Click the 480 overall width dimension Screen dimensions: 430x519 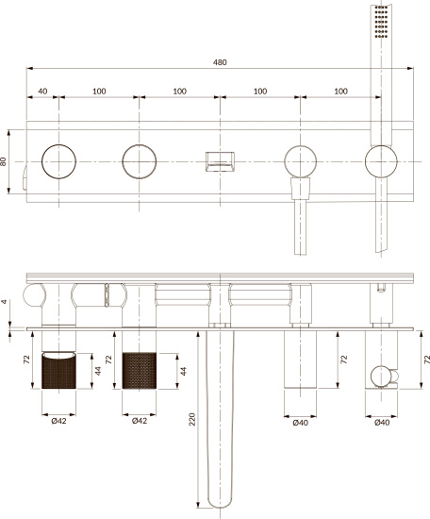click(x=220, y=62)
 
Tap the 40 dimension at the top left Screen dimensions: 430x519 click(x=42, y=91)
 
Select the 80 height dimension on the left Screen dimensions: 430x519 click(x=3, y=161)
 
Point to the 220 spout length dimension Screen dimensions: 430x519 click(x=192, y=419)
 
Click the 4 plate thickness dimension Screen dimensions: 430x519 click(x=4, y=302)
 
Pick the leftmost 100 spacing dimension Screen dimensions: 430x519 click(x=99, y=91)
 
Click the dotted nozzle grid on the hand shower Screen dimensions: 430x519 click(x=381, y=21)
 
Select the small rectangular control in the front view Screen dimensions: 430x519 click(x=220, y=161)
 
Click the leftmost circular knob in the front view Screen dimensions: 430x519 click(x=58, y=161)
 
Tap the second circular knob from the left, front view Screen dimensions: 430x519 click(x=140, y=161)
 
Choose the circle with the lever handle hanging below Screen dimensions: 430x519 click(x=300, y=161)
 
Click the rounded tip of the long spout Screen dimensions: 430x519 click(x=220, y=506)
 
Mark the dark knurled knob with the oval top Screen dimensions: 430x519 click(x=58, y=371)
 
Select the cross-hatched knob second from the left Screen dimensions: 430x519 click(x=140, y=371)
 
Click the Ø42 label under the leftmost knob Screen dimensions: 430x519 click(x=58, y=421)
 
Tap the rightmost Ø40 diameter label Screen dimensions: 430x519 click(x=382, y=423)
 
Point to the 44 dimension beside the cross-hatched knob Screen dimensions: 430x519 click(x=183, y=371)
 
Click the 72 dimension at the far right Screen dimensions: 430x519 click(x=426, y=360)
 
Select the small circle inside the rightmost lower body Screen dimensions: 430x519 click(x=380, y=377)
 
